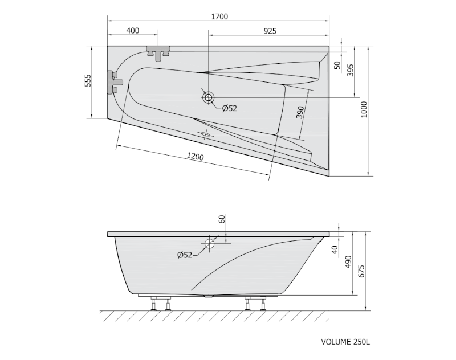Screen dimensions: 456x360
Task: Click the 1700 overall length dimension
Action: [219, 17]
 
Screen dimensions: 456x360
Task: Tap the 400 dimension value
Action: [133, 31]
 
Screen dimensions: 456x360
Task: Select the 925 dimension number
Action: [270, 31]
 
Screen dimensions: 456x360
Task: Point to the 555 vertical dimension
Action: [88, 81]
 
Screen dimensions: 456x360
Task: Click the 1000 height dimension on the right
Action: [364, 109]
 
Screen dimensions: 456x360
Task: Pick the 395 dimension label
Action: [350, 70]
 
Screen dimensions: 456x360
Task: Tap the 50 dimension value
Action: [337, 65]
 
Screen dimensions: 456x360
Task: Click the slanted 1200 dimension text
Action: [195, 157]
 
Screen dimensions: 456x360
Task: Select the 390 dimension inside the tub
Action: [300, 112]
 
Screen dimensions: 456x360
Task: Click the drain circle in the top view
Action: [208, 97]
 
